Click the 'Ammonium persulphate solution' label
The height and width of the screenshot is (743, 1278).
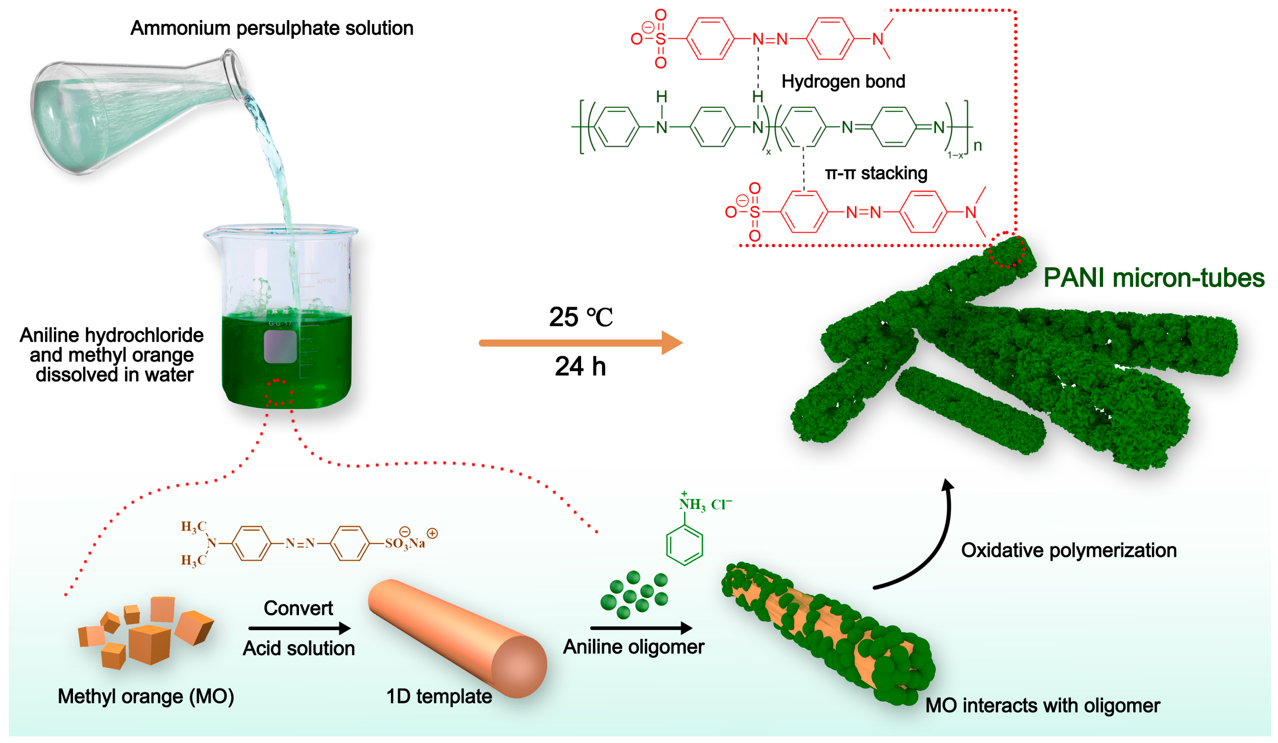point(272,28)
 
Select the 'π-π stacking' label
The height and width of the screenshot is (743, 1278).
point(876,173)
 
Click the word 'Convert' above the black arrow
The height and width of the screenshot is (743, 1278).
point(298,608)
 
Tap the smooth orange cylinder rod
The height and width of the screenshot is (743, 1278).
point(456,636)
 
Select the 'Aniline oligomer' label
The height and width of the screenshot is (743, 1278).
point(633,647)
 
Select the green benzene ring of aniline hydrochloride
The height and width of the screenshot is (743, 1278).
point(684,545)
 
